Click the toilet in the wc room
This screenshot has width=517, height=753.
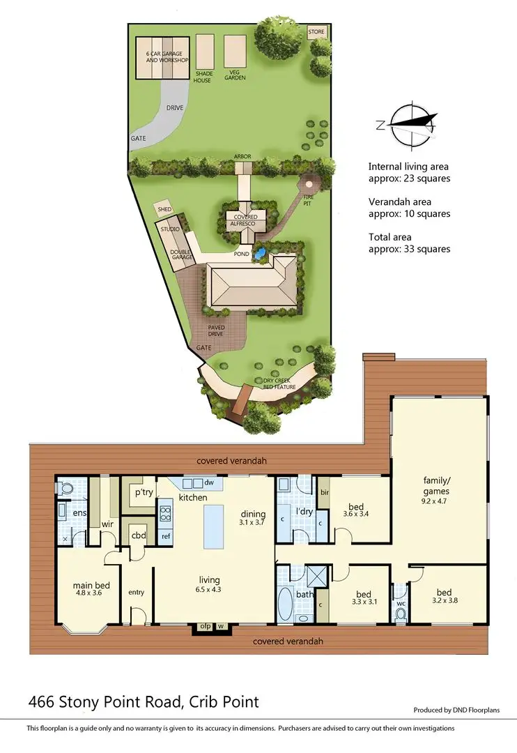pos(400,614)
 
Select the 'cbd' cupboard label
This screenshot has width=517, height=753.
pos(138,537)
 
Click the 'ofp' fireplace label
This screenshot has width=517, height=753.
pos(205,625)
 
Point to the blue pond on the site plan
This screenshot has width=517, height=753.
pos(262,254)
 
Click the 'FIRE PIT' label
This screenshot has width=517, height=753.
pos(308,197)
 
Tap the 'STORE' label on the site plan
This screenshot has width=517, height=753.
pos(316,32)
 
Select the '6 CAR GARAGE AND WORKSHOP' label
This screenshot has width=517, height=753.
pos(167,57)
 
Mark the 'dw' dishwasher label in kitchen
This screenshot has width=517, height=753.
pos(209,482)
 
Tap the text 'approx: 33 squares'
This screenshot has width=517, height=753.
pos(409,249)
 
